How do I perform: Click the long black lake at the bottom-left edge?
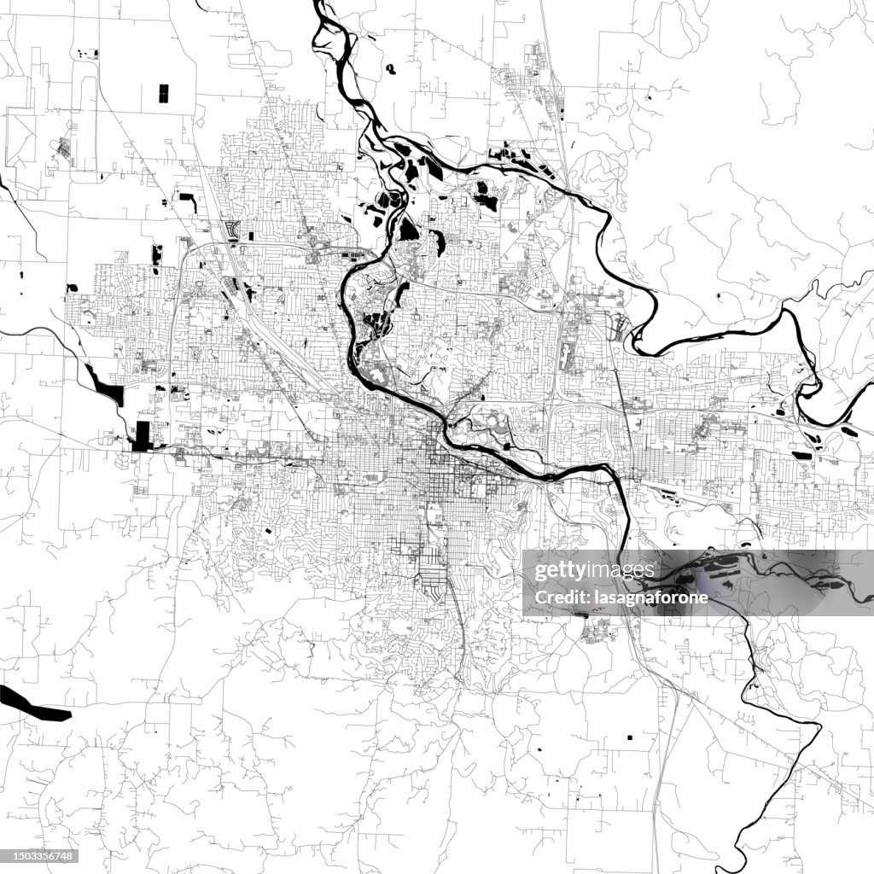point(34,703)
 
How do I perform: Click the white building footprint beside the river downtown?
point(376,373)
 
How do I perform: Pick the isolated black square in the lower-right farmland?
point(631,737)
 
